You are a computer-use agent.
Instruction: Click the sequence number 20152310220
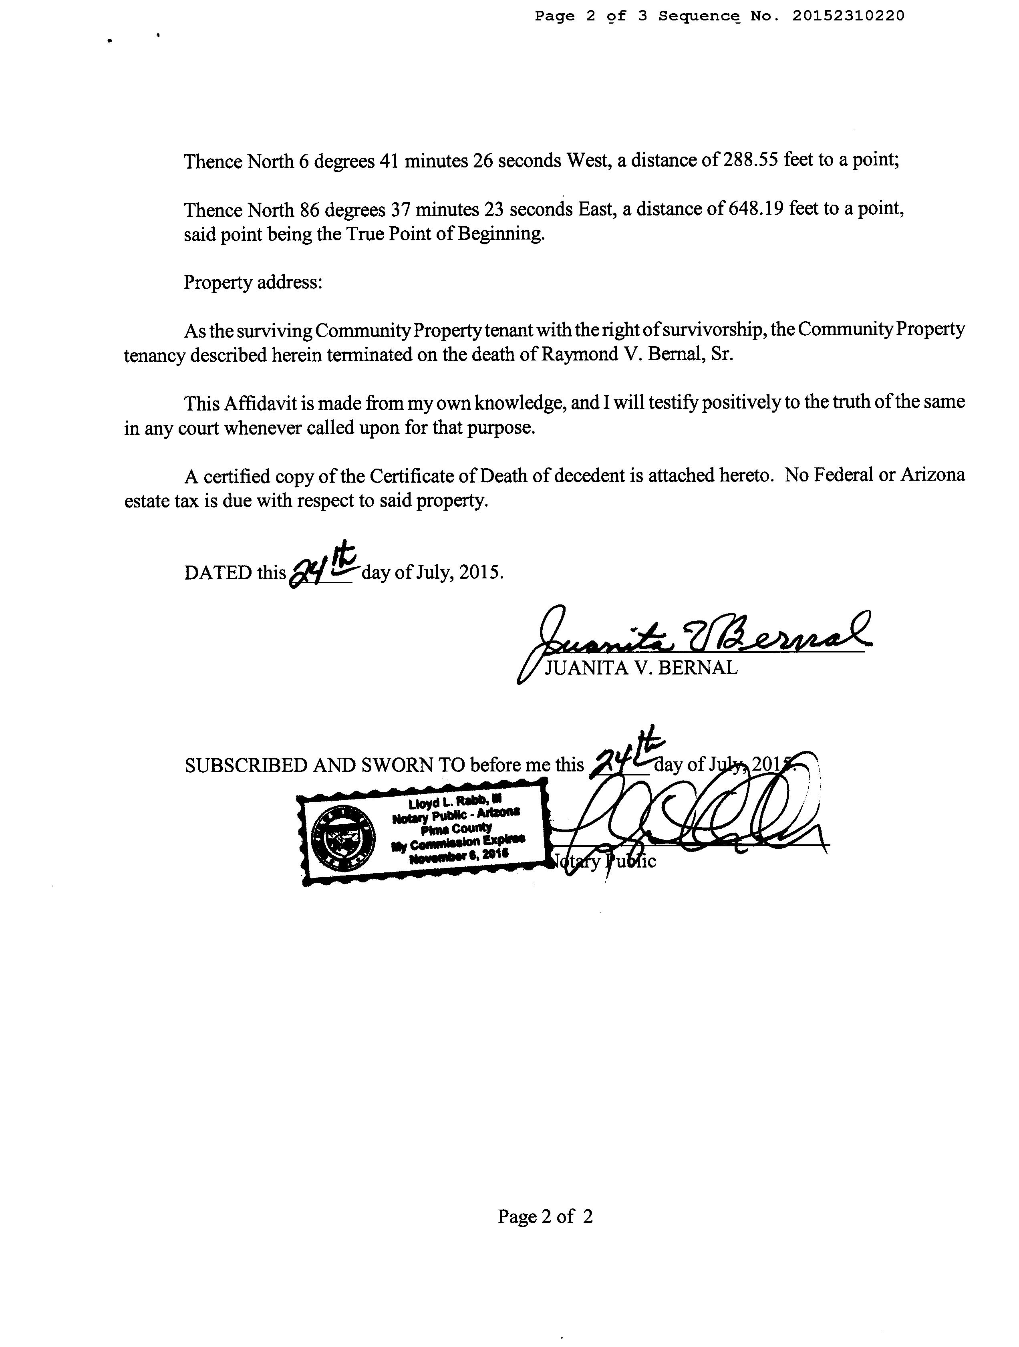pyautogui.click(x=848, y=16)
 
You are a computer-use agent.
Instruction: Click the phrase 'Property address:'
pyautogui.click(x=253, y=282)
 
